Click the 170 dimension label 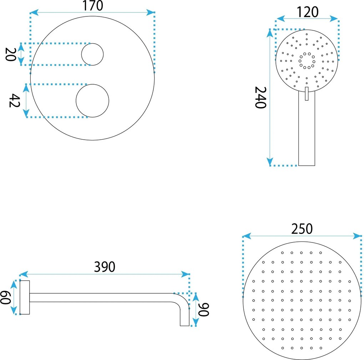pyautogui.click(x=93, y=6)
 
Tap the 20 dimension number pyautogui.click(x=10, y=54)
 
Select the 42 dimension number pyautogui.click(x=14, y=101)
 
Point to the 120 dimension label pyautogui.click(x=308, y=12)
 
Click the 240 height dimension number pyautogui.click(x=261, y=97)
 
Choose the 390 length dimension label pyautogui.click(x=105, y=267)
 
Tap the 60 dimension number pyautogui.click(x=5, y=297)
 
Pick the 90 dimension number pyautogui.click(x=203, y=310)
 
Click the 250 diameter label pyautogui.click(x=302, y=229)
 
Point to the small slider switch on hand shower pyautogui.click(x=307, y=94)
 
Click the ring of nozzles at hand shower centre pyautogui.click(x=307, y=61)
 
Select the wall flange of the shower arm pyautogui.click(x=25, y=297)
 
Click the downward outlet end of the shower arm pyautogui.click(x=184, y=318)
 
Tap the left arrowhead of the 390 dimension pyautogui.click(x=24, y=274)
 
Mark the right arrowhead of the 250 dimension pyautogui.click(x=357, y=236)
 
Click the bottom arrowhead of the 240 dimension pyautogui.click(x=270, y=162)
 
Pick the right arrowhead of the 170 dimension pyautogui.click(x=151, y=12)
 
